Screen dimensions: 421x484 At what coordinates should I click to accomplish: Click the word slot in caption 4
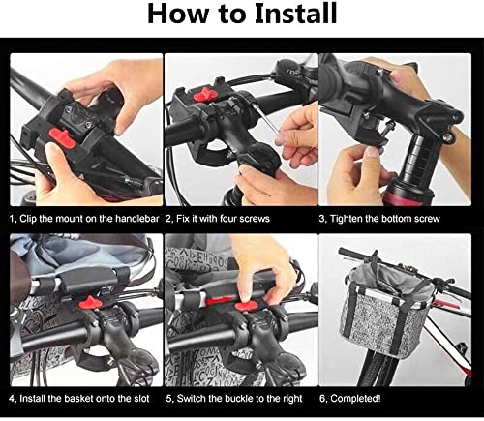click(x=137, y=398)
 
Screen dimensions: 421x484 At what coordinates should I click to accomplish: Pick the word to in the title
click(x=221, y=16)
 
